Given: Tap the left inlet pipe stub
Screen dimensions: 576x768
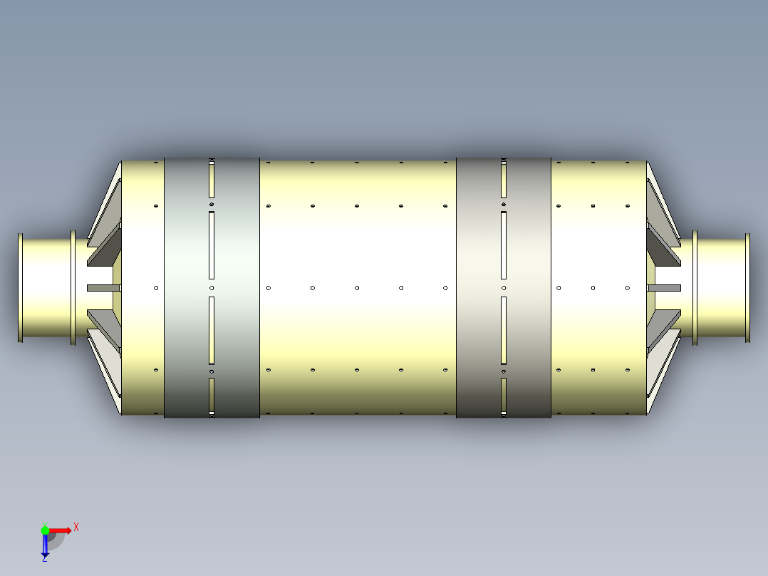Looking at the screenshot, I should [x=47, y=288].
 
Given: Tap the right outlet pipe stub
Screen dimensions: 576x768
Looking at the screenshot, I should [x=721, y=288].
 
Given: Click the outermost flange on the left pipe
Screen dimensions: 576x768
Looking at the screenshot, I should [x=21, y=288].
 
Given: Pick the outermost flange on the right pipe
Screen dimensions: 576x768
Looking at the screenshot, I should [x=747, y=288].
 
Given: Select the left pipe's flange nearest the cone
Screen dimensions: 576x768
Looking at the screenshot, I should [x=73, y=288].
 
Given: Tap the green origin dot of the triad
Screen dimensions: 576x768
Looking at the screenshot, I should [x=45, y=530].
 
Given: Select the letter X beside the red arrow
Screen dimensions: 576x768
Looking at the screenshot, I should [x=76, y=528].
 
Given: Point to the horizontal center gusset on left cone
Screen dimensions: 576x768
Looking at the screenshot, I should [x=103, y=288].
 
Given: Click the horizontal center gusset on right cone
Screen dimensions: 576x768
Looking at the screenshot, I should [x=664, y=288].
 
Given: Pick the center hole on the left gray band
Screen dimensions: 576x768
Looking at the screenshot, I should [x=212, y=288].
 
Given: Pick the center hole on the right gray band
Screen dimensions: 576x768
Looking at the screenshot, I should [x=504, y=288].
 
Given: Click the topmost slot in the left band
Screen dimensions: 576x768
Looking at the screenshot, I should [x=212, y=180].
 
